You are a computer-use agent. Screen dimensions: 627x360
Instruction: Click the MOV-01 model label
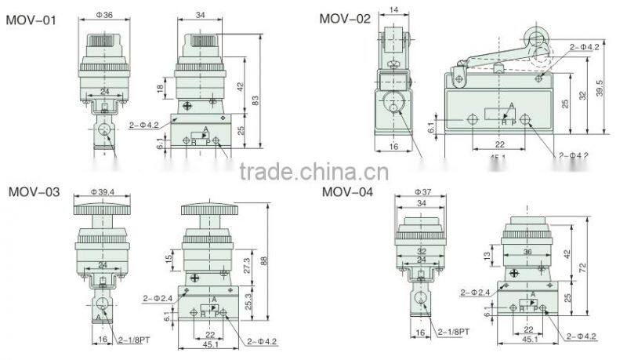pos(31,20)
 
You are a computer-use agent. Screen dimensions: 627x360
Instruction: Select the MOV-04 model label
pos(347,191)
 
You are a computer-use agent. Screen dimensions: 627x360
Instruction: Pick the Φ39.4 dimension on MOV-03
pos(102,192)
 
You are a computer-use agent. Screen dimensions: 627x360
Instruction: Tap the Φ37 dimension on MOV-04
pos(425,192)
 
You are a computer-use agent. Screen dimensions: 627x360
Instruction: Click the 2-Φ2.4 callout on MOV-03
pos(158,298)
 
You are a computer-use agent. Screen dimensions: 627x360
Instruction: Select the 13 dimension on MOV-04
pos(488,256)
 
